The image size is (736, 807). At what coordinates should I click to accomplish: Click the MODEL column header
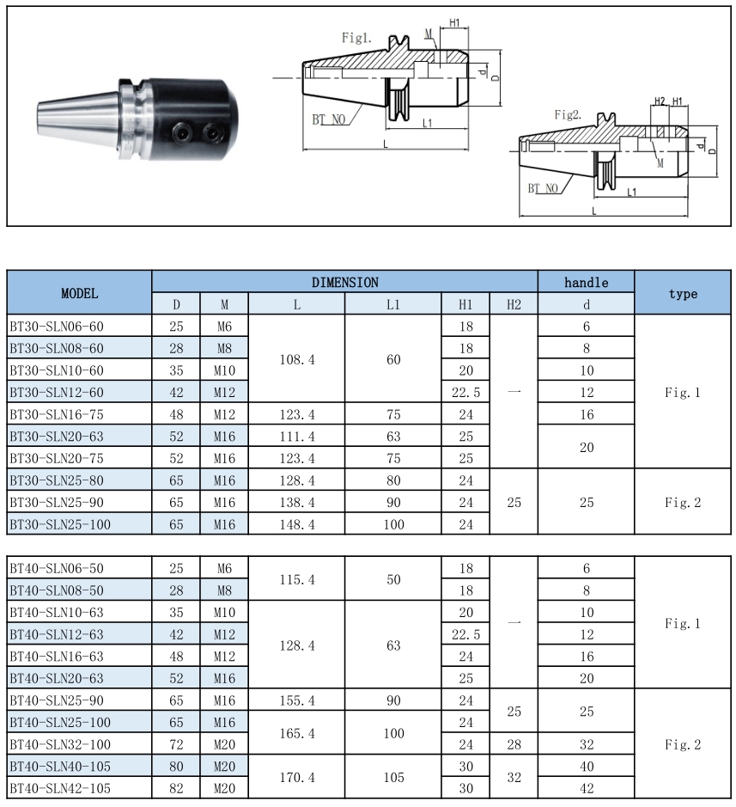(x=79, y=293)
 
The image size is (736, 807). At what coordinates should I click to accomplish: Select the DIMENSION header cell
(x=344, y=282)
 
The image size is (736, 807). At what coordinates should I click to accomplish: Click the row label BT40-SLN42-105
(x=59, y=787)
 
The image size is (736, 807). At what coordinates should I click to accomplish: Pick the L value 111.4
(x=297, y=437)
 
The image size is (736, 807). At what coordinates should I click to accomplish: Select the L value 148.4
(x=297, y=523)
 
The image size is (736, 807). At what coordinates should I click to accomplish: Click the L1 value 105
(x=393, y=777)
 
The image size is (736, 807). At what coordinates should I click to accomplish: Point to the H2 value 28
(x=514, y=744)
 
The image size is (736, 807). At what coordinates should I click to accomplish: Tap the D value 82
(x=176, y=787)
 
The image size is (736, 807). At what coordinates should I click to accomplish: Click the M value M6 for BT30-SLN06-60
(x=224, y=327)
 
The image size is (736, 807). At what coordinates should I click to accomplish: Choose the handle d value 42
(x=586, y=787)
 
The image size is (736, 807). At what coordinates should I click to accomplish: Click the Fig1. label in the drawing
(x=356, y=38)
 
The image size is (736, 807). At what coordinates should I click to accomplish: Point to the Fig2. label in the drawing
(x=568, y=114)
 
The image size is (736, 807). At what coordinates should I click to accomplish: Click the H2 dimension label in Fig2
(x=659, y=101)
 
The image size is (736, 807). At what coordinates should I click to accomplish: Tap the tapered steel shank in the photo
(x=77, y=120)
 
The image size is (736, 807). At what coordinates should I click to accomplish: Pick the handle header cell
(x=586, y=282)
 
